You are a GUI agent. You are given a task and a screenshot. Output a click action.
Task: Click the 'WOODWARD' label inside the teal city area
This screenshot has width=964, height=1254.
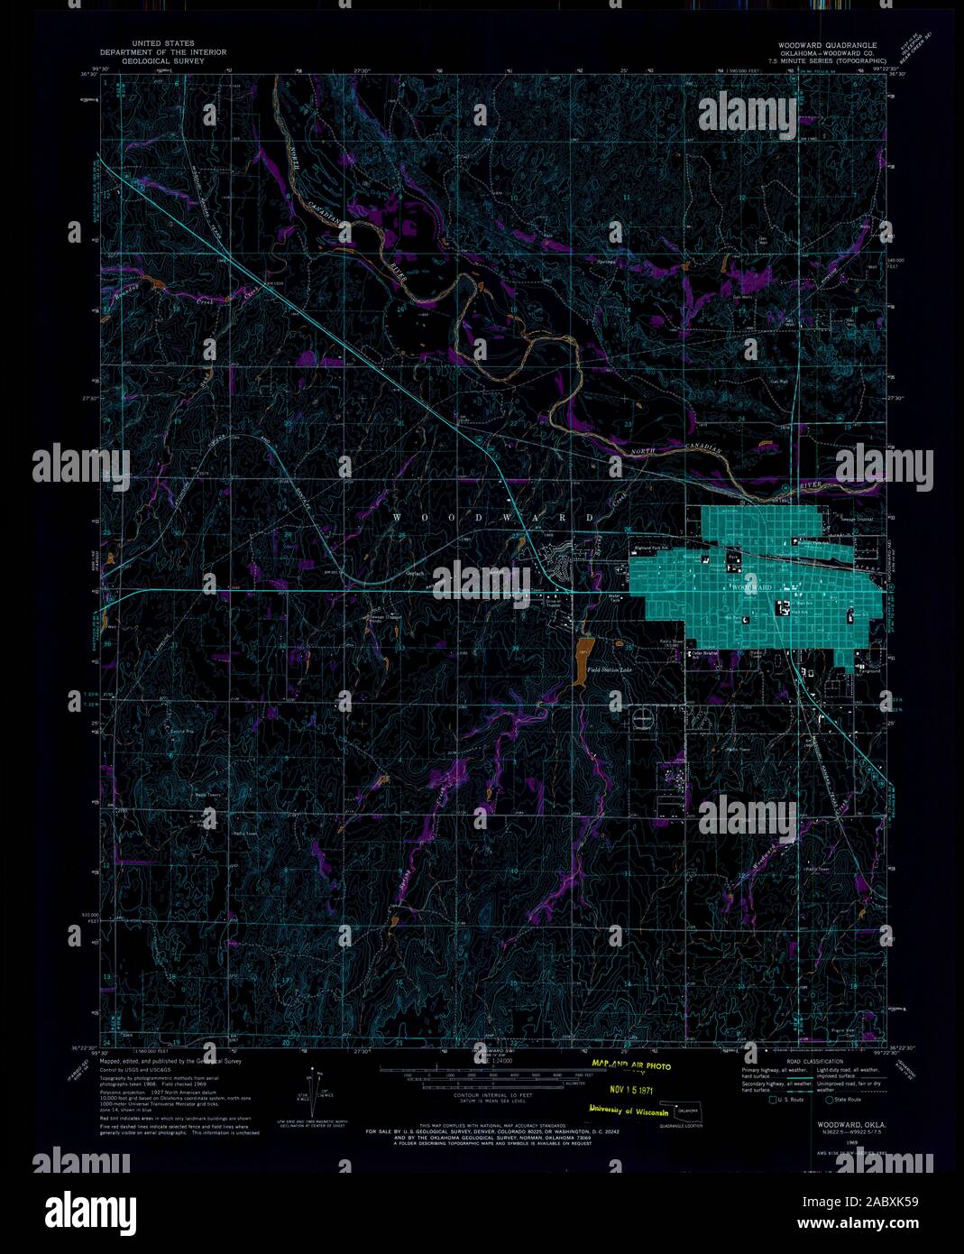tap(749, 586)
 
